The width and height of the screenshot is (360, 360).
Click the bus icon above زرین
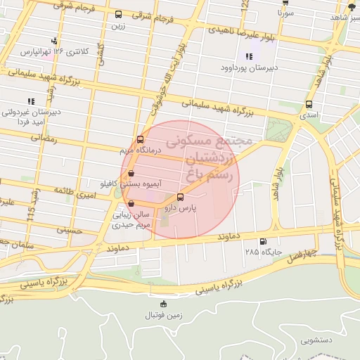tap(118, 14)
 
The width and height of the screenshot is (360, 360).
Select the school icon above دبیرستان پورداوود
tap(248, 56)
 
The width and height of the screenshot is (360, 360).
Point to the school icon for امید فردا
tap(30, 101)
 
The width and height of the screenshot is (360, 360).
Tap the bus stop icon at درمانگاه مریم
tap(141, 139)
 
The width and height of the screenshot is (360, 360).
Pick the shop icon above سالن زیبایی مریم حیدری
tap(131, 204)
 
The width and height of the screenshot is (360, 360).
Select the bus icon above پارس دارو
tap(181, 197)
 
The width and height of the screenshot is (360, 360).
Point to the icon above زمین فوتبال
tap(164, 304)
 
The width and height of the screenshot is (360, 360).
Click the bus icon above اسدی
tap(309, 104)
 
